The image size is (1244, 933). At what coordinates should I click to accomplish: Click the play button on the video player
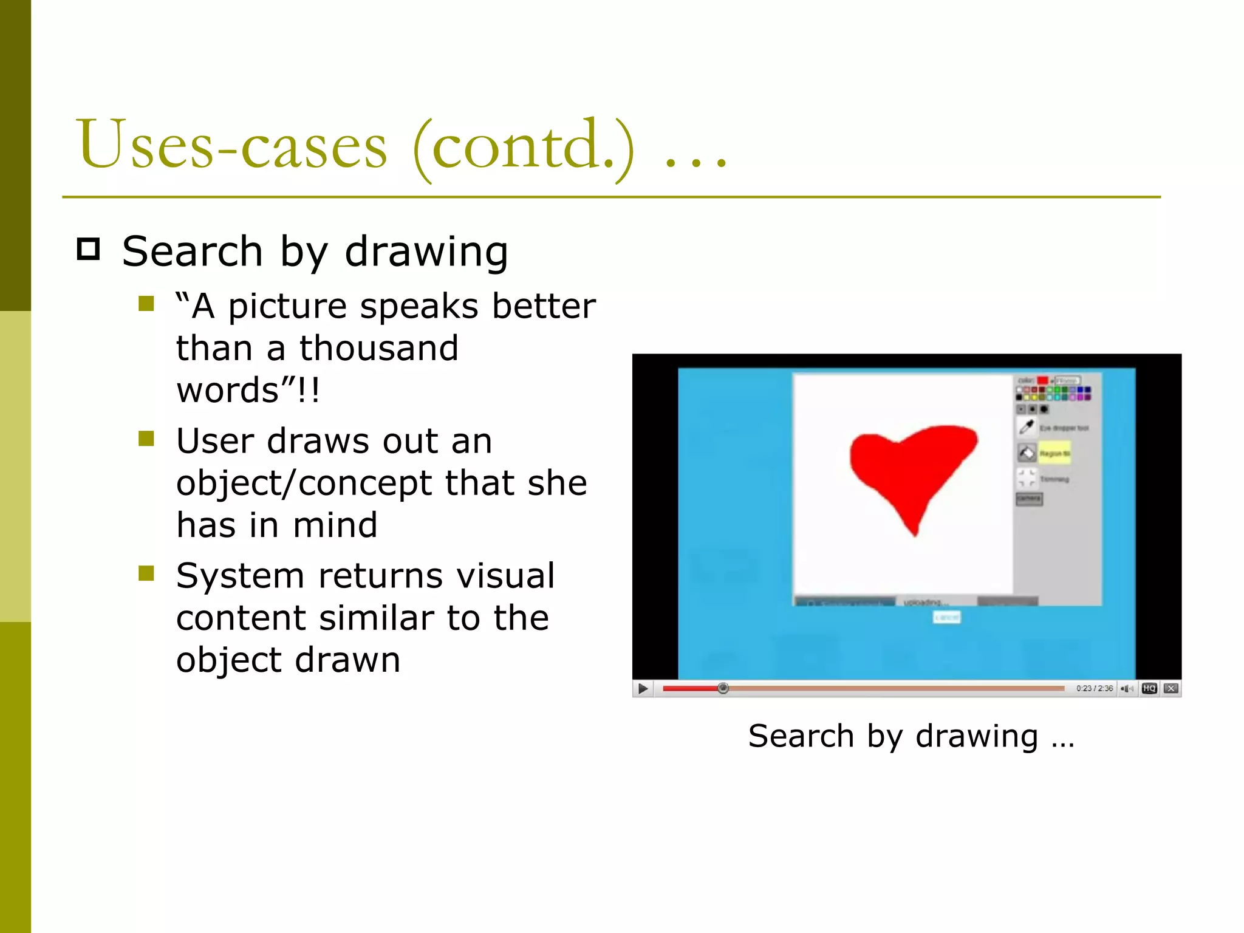click(x=643, y=688)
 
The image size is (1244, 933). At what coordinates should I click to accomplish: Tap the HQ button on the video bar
click(x=1149, y=688)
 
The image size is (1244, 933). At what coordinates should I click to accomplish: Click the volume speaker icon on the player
click(x=1127, y=688)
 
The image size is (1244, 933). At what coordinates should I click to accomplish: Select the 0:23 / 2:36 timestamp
click(x=1094, y=688)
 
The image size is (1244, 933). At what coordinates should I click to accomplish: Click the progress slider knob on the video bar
click(x=723, y=688)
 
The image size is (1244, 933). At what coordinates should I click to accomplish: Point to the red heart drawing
click(x=911, y=468)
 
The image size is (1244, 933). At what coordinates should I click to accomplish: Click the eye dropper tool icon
click(x=1027, y=427)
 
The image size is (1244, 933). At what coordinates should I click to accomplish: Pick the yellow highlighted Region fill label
click(x=1054, y=453)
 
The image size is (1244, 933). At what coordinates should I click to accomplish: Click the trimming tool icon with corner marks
click(x=1027, y=478)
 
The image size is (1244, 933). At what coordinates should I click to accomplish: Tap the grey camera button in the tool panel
click(x=1029, y=499)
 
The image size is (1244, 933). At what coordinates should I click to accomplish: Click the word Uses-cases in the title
click(x=231, y=146)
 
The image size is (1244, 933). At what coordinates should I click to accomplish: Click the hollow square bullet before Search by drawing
click(x=89, y=250)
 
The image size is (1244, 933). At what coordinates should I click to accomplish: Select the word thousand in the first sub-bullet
click(x=378, y=349)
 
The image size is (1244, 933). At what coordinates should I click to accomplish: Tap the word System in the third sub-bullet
click(x=240, y=576)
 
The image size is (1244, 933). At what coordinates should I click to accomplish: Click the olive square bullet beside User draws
click(x=146, y=439)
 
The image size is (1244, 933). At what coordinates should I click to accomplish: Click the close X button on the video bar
click(x=1172, y=688)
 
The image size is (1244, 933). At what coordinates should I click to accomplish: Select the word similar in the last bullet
click(x=377, y=618)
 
